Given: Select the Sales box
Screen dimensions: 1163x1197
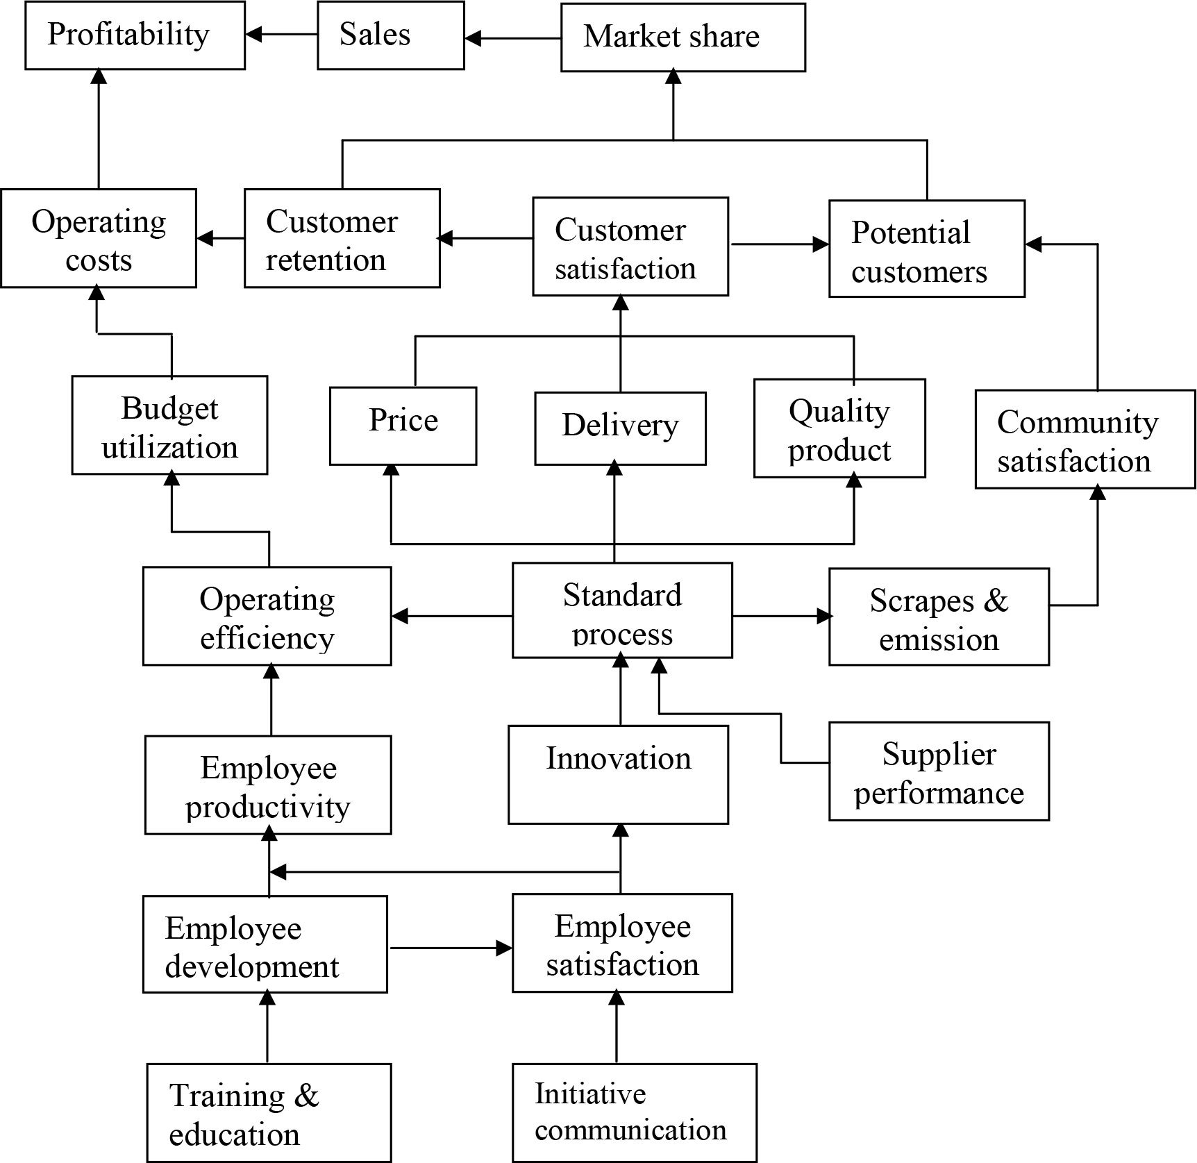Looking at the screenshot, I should pyautogui.click(x=390, y=35).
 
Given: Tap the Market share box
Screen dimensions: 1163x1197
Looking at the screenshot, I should pyautogui.click(x=683, y=37).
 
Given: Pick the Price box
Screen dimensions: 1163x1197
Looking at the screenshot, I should pyautogui.click(x=403, y=425).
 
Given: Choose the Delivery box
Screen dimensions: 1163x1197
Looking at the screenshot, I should pyautogui.click(x=620, y=428).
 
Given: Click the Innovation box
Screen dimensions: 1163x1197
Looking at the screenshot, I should pyautogui.click(x=618, y=774).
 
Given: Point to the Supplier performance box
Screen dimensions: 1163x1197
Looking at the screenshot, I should pyautogui.click(x=939, y=771).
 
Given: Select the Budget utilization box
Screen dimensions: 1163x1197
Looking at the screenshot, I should pyautogui.click(x=169, y=425).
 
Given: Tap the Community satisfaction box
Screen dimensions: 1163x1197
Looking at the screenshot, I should pyautogui.click(x=1085, y=439).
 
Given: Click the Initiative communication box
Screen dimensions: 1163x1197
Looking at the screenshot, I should pyautogui.click(x=634, y=1112).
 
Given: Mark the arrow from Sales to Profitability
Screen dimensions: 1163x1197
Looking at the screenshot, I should pyautogui.click(x=281, y=34).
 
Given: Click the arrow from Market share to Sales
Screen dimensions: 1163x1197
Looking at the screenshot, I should pyautogui.click(x=512, y=38).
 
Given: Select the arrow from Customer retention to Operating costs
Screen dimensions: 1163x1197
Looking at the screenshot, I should pyautogui.click(x=220, y=238).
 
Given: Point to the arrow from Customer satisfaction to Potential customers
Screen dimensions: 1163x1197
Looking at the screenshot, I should pyautogui.click(x=779, y=244).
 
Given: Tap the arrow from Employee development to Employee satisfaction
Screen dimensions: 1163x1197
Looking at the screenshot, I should pyautogui.click(x=450, y=948).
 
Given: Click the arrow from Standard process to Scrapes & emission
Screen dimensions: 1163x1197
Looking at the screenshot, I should pyautogui.click(x=781, y=616).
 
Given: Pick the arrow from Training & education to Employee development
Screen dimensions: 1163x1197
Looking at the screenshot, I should pyautogui.click(x=267, y=1028).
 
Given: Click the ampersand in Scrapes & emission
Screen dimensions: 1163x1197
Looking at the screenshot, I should pyautogui.click(x=996, y=600).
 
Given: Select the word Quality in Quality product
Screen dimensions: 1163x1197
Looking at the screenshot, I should pyautogui.click(x=839, y=412).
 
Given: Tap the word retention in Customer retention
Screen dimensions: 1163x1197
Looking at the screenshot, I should pyautogui.click(x=326, y=260).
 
